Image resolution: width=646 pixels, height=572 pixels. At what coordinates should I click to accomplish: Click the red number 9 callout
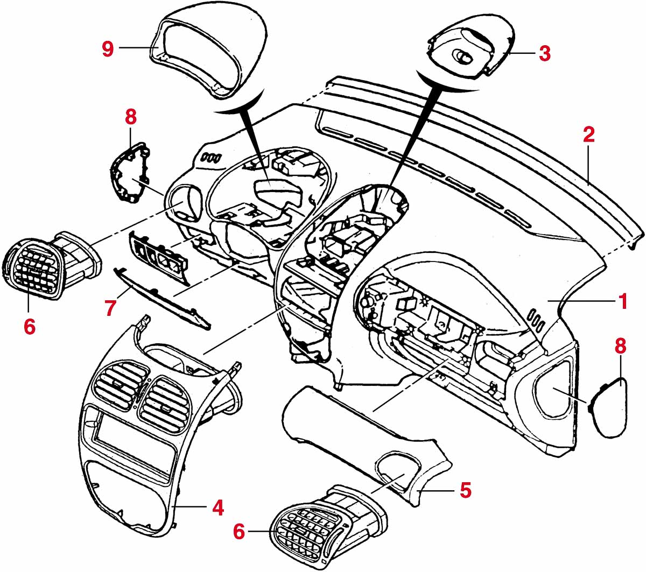click(108, 49)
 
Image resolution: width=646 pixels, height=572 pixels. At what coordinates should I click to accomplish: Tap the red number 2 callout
click(589, 135)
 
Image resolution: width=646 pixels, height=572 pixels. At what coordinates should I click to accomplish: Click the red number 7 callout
click(111, 308)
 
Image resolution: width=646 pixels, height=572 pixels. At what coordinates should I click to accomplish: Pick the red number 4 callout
click(217, 507)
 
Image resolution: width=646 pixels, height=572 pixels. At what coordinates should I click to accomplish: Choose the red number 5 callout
click(466, 490)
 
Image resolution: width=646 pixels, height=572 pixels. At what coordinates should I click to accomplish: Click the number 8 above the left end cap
click(131, 116)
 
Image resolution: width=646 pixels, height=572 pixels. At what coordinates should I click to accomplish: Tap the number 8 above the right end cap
click(620, 346)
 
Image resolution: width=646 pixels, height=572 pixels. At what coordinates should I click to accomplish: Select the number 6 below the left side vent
click(30, 325)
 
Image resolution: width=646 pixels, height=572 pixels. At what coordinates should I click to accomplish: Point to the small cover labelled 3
click(468, 51)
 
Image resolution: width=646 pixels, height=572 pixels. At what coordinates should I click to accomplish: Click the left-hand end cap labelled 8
click(129, 172)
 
